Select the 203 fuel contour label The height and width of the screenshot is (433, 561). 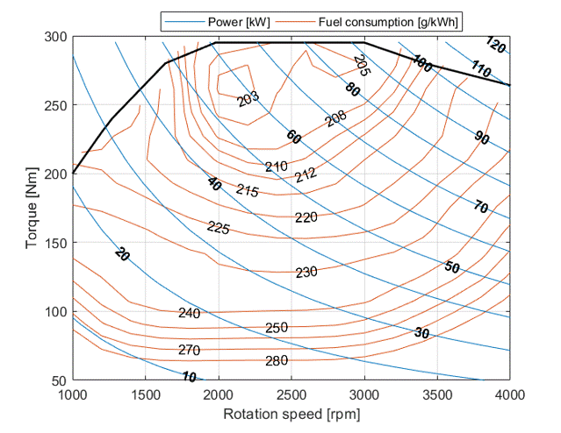(x=249, y=98)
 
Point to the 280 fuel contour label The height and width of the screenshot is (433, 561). (x=277, y=361)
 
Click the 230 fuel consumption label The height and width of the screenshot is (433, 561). (x=306, y=273)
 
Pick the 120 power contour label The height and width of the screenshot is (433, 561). (x=495, y=46)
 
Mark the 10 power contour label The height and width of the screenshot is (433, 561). (x=189, y=377)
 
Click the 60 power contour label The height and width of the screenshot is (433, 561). (x=293, y=138)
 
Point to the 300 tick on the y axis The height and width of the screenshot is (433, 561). (x=56, y=37)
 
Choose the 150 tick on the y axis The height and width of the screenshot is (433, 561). (x=56, y=243)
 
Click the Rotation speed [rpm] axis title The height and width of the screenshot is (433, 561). (x=291, y=413)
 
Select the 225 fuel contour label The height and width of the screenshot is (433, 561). (x=219, y=228)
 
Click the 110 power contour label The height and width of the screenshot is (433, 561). (x=480, y=67)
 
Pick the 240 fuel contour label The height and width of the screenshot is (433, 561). (x=189, y=313)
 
